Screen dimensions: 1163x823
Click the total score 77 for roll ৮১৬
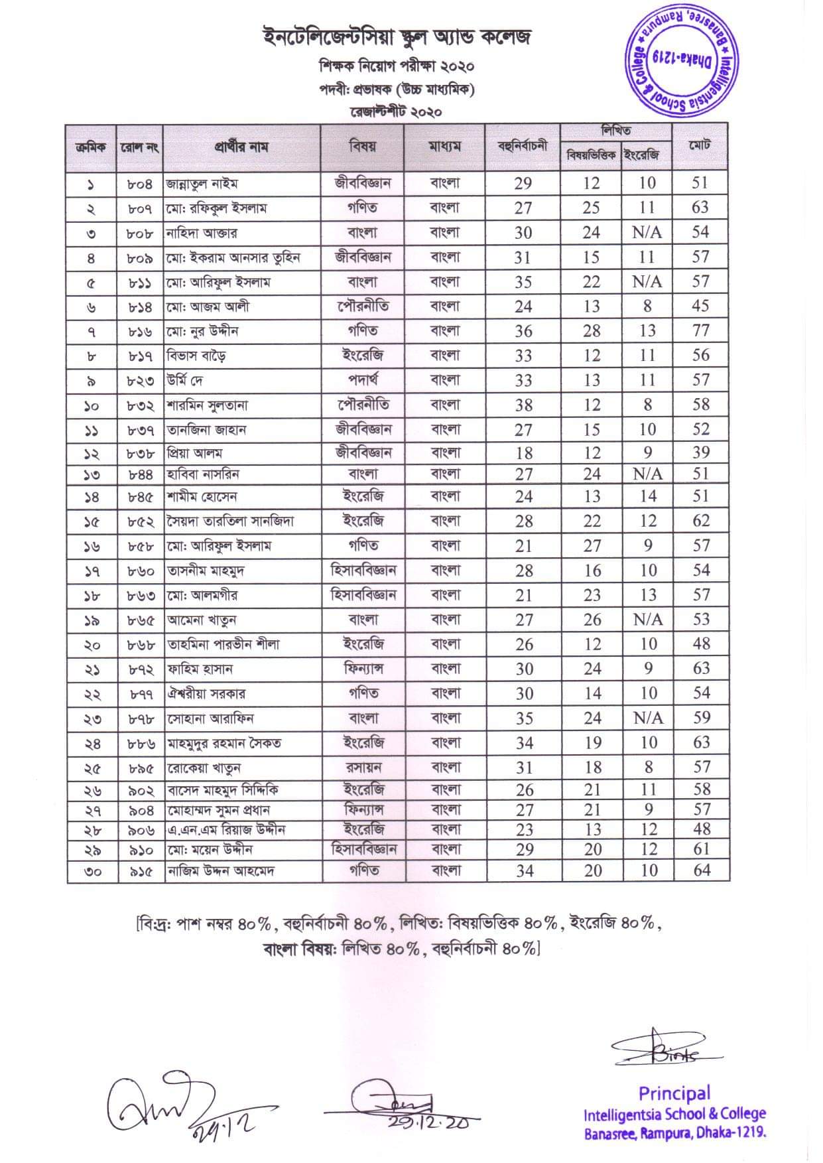click(x=700, y=330)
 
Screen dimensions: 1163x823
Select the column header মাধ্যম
click(x=444, y=147)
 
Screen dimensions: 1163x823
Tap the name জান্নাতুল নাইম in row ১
click(x=202, y=184)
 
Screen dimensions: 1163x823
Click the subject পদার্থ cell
click(x=363, y=379)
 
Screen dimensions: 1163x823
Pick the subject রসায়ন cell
click(x=363, y=768)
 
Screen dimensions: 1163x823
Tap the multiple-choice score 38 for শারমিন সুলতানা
click(x=523, y=405)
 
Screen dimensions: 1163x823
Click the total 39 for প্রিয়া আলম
click(x=700, y=452)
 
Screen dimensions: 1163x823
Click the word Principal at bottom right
click(x=674, y=1093)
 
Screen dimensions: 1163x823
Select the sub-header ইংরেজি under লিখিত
click(x=647, y=155)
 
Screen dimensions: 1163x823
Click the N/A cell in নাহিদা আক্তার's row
click(x=647, y=232)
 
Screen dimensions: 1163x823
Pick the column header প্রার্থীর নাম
click(x=241, y=147)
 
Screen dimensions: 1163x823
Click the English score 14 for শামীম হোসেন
click(x=648, y=496)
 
